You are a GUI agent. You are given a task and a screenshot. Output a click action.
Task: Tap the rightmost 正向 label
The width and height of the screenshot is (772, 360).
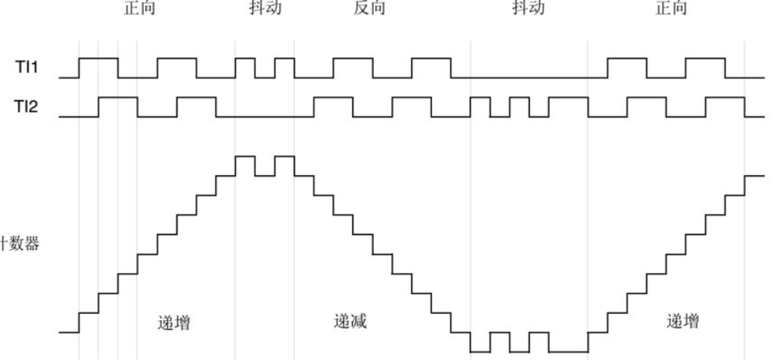tap(674, 8)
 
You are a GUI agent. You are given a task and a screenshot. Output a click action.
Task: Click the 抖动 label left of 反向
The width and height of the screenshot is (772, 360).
tap(265, 8)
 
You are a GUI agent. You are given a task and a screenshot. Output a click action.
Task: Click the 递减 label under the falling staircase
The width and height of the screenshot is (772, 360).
tap(351, 321)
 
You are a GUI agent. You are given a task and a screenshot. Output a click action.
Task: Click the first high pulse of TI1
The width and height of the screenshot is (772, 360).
tap(98, 58)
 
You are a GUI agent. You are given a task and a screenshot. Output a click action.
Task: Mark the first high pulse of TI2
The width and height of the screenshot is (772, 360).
tap(118, 98)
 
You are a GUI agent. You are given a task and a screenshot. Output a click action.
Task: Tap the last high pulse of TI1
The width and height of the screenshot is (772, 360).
tap(705, 58)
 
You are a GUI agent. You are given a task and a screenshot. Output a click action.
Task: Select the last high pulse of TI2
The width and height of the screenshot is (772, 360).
tap(724, 98)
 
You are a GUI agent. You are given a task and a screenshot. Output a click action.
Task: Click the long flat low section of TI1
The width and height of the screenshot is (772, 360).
tap(529, 78)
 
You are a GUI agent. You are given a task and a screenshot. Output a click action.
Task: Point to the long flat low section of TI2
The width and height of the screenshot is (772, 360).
tap(254, 117)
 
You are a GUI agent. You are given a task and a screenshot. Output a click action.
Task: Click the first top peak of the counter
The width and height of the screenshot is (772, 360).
tap(245, 156)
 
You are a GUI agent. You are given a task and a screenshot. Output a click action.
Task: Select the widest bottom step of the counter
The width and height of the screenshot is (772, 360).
tap(567, 352)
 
